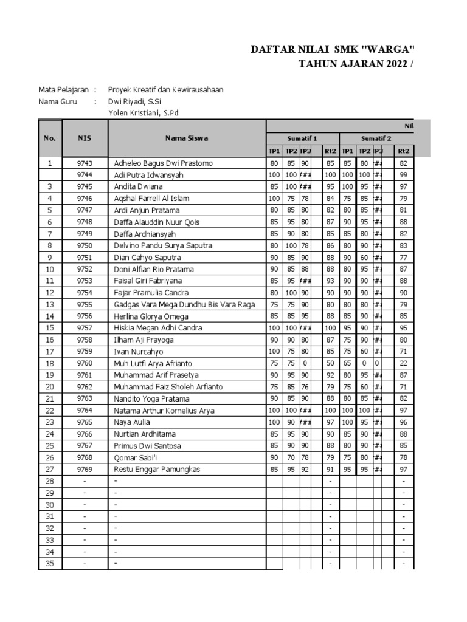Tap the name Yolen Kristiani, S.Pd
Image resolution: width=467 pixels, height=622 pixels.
point(143,113)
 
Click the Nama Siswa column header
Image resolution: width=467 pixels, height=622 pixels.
point(187,138)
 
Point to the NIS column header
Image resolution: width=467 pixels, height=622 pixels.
point(85,138)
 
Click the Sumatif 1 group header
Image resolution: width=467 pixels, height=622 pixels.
point(302,138)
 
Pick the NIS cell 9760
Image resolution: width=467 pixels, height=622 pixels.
point(85,364)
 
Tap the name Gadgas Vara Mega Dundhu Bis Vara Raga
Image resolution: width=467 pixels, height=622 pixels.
point(184,305)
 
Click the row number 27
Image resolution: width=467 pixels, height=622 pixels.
point(50,470)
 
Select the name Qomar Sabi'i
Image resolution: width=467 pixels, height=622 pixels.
point(135,458)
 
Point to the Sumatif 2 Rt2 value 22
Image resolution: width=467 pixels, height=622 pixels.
point(403,364)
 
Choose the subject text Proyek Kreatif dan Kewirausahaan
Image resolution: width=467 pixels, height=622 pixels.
point(165,90)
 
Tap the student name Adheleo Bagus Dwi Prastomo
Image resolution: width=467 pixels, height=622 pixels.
point(163,163)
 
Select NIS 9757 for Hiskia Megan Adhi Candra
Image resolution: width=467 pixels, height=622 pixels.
point(85,329)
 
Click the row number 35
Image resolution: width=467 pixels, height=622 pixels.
point(50,564)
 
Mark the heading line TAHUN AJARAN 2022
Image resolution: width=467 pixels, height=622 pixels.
point(351,64)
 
